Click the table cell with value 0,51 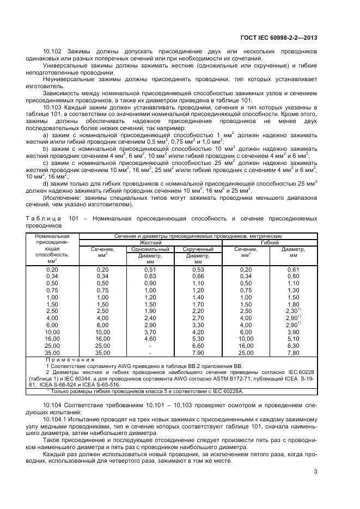point(150,269)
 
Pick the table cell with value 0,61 point(293,269)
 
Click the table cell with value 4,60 point(150,338)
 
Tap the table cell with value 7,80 point(293,353)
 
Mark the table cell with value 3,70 point(150,332)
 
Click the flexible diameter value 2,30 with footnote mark point(293,311)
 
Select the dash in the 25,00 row point(150,346)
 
